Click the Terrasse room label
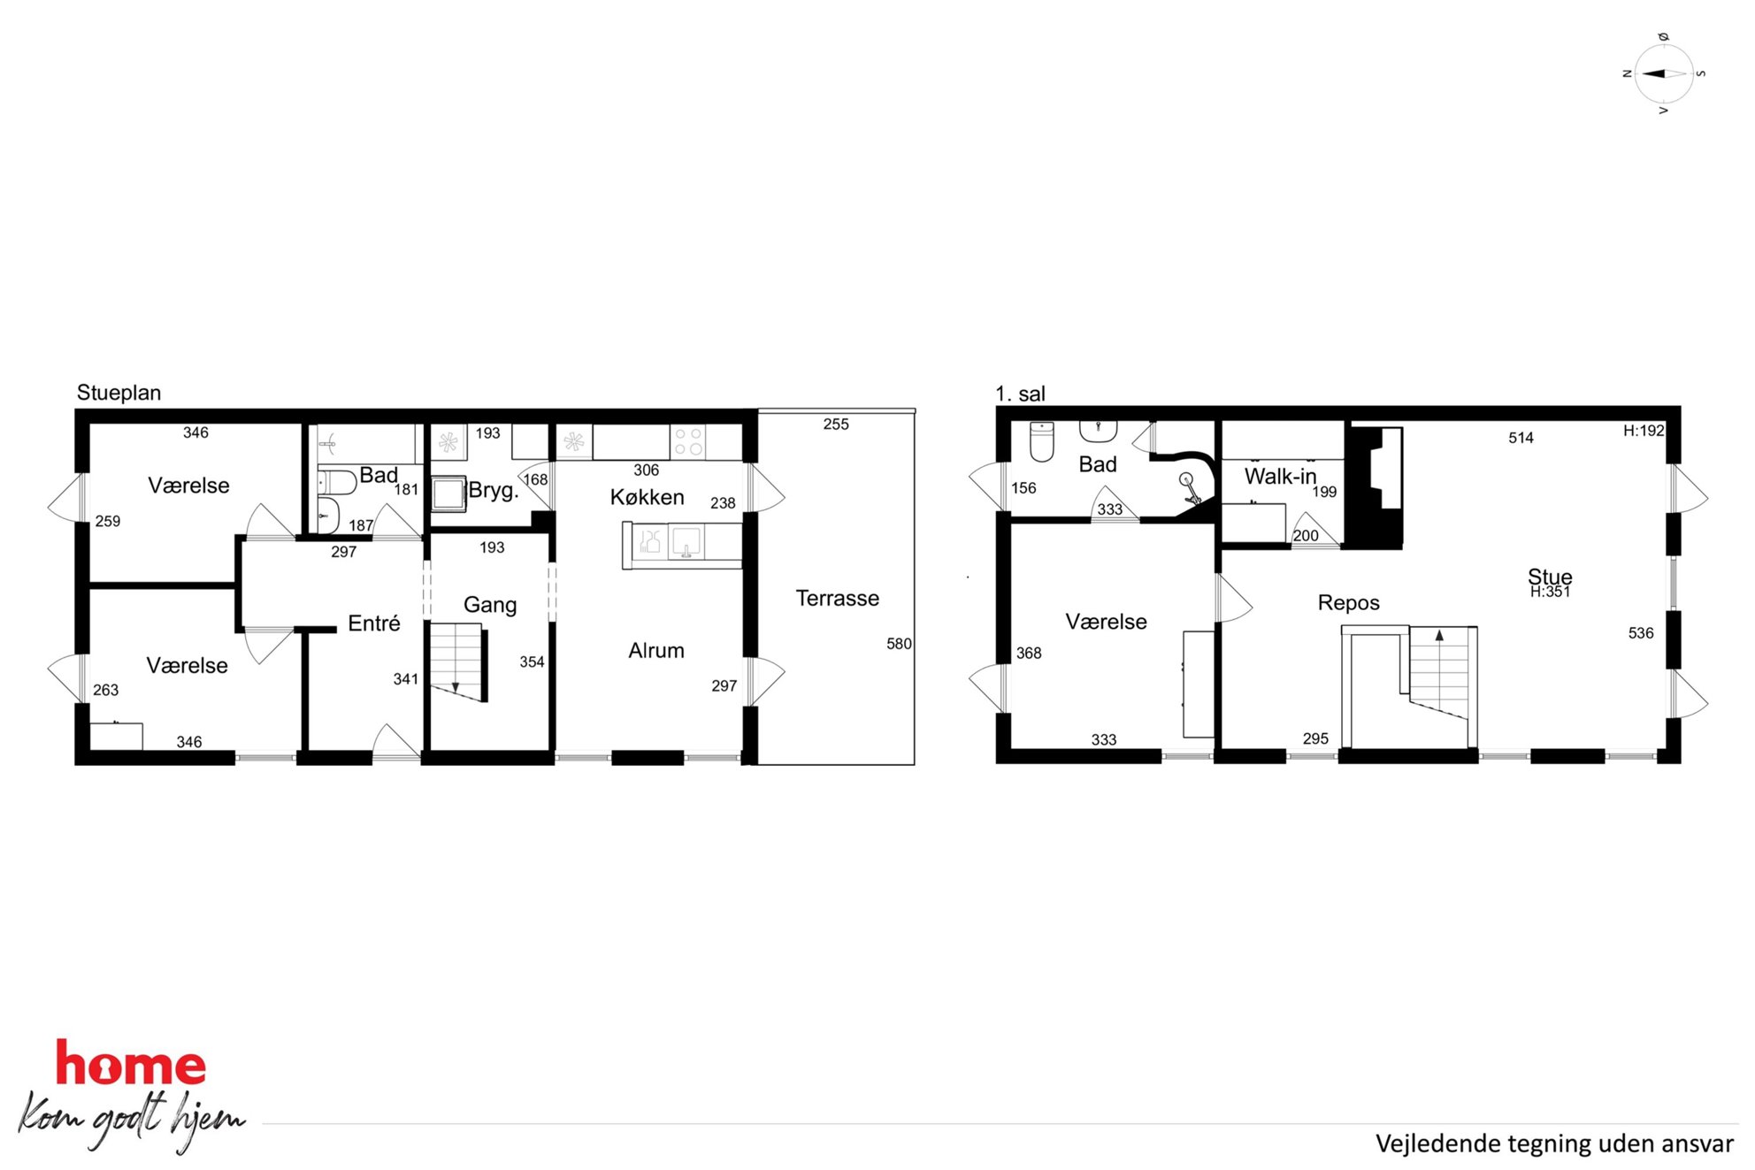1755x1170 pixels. click(837, 599)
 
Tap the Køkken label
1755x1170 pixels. click(647, 497)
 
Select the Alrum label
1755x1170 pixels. click(655, 651)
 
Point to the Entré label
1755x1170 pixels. click(373, 623)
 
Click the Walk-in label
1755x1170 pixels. click(1280, 477)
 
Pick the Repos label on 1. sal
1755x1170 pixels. click(1348, 603)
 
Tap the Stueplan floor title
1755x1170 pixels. click(119, 393)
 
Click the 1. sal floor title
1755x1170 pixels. click(1020, 394)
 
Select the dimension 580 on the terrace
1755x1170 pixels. click(899, 644)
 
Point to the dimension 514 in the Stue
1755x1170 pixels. click(1521, 438)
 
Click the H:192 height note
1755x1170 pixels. click(1644, 431)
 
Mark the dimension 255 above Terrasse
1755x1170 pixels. click(836, 424)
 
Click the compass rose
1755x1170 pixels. click(1663, 74)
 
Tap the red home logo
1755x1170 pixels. click(131, 1063)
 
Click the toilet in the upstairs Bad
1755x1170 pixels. click(1042, 441)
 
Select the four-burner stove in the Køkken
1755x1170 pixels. click(688, 441)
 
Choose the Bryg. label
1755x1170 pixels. click(494, 490)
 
